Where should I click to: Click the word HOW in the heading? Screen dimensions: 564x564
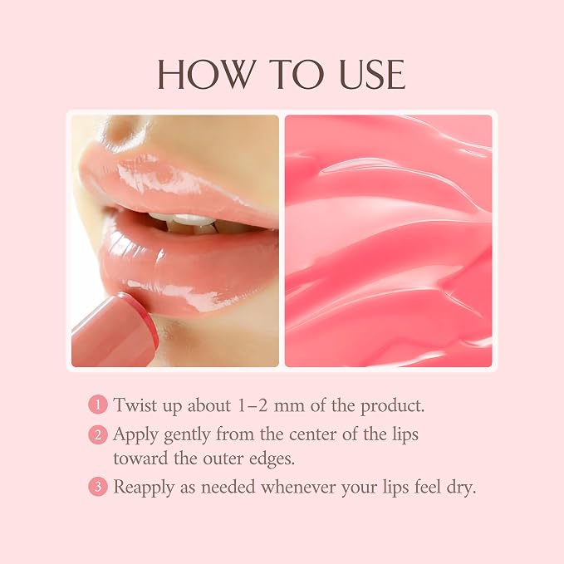[206, 74]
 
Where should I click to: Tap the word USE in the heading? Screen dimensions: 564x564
[372, 74]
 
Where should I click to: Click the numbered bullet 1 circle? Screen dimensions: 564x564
[98, 405]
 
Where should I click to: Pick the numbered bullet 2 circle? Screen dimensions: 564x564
[98, 434]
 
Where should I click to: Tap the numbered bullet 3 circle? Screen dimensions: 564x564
[98, 487]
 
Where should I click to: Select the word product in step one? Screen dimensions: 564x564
[392, 406]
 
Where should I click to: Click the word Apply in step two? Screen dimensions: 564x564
[135, 435]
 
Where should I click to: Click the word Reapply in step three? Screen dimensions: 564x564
[144, 488]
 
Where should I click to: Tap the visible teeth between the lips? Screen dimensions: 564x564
[187, 223]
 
